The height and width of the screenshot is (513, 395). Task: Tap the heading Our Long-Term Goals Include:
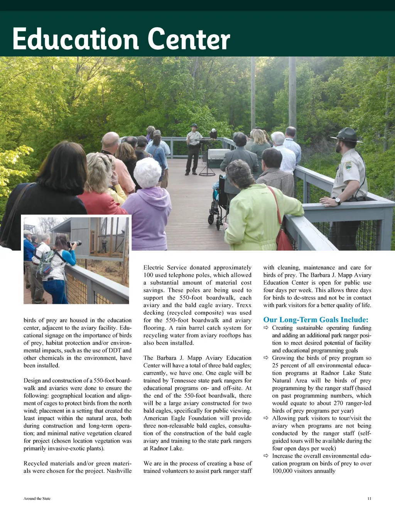316,320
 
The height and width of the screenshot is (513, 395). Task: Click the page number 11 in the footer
369,498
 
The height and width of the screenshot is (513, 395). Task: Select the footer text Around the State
37,498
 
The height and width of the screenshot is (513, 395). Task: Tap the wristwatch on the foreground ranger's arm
338,201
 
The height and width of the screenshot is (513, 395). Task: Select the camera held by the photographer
74,244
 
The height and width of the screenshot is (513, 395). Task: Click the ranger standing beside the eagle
194,148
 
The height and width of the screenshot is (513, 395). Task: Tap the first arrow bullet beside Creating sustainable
266,328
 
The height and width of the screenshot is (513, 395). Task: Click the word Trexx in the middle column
243,305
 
